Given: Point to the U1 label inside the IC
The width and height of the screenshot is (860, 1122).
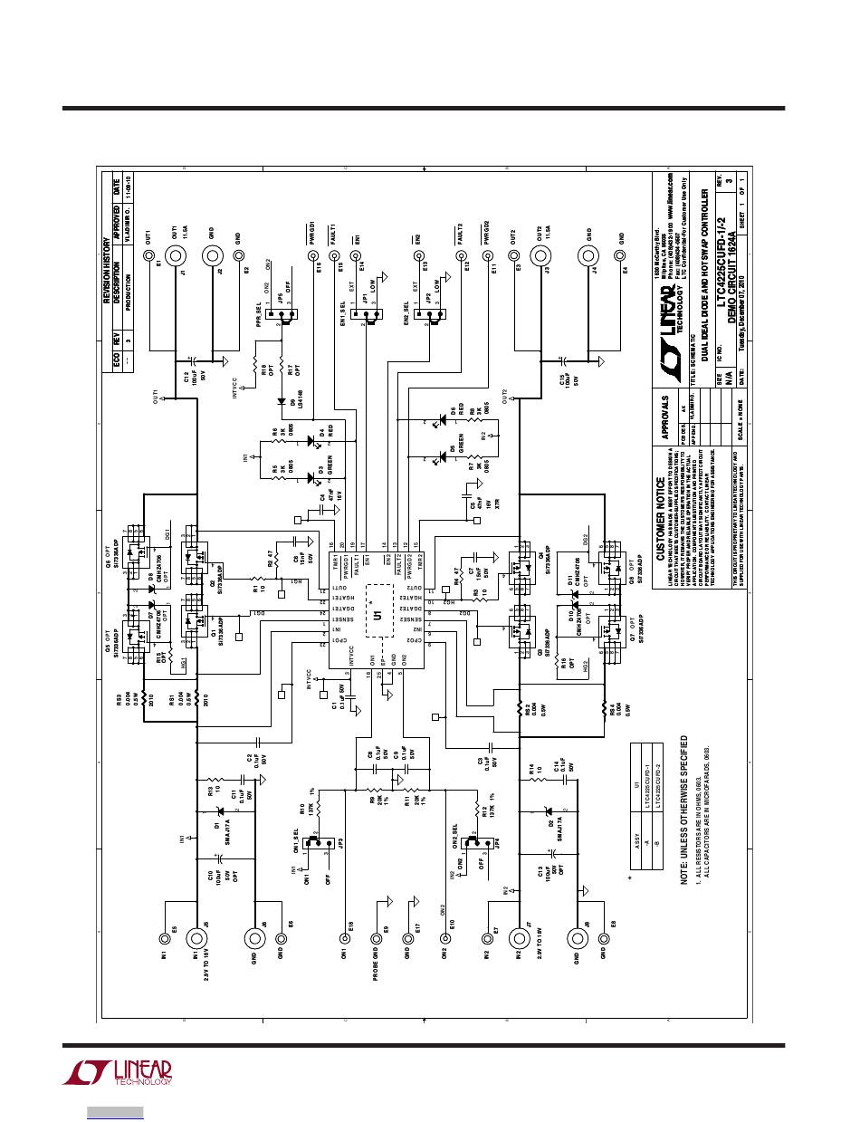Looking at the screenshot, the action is [377, 616].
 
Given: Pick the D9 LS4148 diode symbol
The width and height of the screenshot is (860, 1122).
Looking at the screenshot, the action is [281, 399].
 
